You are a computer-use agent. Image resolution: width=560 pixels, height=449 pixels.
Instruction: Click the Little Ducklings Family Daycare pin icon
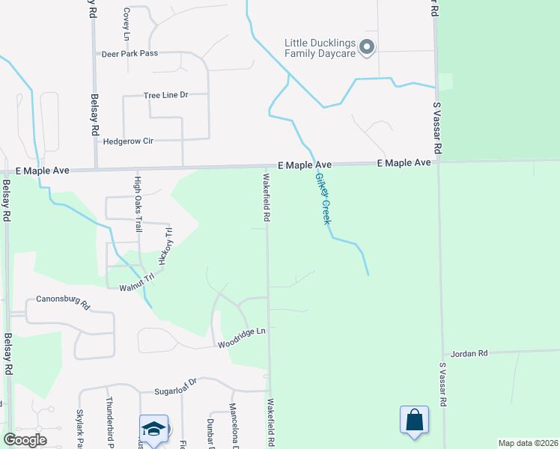point(367,48)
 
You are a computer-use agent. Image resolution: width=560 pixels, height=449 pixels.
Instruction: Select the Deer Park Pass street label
point(130,54)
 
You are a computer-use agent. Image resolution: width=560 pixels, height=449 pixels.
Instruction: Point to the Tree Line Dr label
point(165,96)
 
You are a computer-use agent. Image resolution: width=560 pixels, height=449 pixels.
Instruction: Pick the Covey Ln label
point(127,26)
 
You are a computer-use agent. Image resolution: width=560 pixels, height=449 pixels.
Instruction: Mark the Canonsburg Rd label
point(62,305)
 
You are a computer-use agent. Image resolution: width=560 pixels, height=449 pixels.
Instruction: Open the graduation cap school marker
point(153,428)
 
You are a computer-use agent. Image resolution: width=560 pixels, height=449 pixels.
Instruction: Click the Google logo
point(25,440)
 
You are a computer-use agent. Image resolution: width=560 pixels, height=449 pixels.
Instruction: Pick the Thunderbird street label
point(109,423)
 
